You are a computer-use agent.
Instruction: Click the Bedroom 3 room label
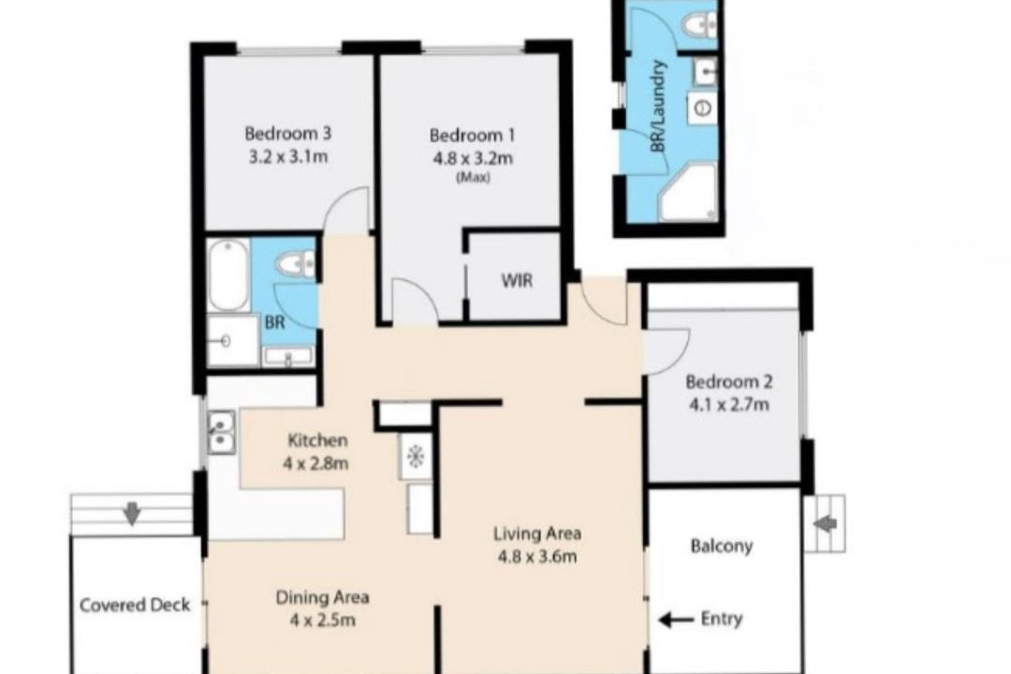pyautogui.click(x=287, y=134)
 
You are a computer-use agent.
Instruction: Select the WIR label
pyautogui.click(x=517, y=281)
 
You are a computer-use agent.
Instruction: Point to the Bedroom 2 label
pyautogui.click(x=728, y=382)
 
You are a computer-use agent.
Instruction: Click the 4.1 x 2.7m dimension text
pyautogui.click(x=728, y=405)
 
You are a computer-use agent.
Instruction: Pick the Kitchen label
pyautogui.click(x=317, y=441)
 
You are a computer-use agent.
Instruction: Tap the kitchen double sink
pyautogui.click(x=221, y=432)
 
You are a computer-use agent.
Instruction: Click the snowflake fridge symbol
pyautogui.click(x=415, y=457)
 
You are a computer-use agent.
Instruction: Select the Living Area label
pyautogui.click(x=537, y=534)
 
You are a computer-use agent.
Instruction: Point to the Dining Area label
pyautogui.click(x=322, y=597)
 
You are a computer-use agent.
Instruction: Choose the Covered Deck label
pyautogui.click(x=135, y=605)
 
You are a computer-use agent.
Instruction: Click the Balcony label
pyautogui.click(x=722, y=547)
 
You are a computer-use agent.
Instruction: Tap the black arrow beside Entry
pyautogui.click(x=675, y=620)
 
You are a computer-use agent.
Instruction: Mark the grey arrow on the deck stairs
pyautogui.click(x=132, y=514)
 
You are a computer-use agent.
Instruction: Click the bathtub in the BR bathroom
pyautogui.click(x=228, y=275)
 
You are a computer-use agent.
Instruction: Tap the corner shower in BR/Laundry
pyautogui.click(x=687, y=192)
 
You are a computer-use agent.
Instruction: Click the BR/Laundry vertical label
pyautogui.click(x=658, y=107)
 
